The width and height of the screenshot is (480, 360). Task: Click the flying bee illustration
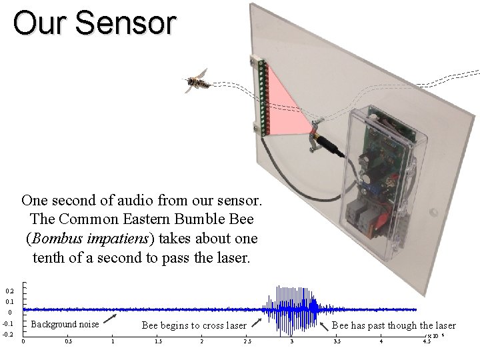[x=197, y=81]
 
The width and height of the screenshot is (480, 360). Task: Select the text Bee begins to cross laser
[x=194, y=325]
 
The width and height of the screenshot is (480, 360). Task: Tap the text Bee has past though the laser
[x=393, y=325]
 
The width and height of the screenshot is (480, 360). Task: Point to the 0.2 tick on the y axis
[x=9, y=291]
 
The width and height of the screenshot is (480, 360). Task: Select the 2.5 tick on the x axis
[x=247, y=342]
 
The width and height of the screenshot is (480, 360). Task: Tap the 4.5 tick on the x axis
[x=426, y=342]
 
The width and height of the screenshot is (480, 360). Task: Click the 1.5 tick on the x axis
[x=158, y=342]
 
